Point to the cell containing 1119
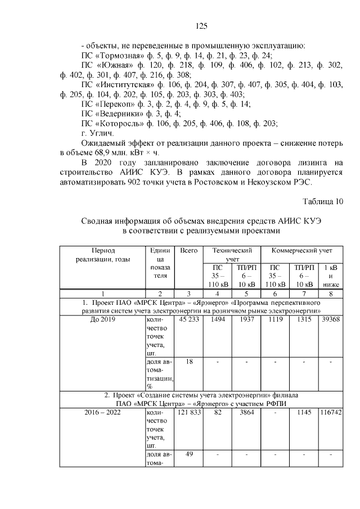point(276,319)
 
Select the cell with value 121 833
point(189,413)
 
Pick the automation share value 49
point(190,455)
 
